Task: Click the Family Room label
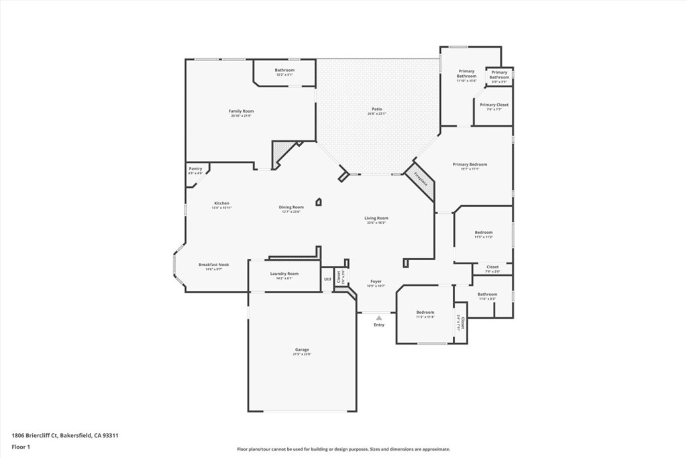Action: [x=241, y=111]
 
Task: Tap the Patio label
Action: [x=377, y=109]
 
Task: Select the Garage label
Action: [x=302, y=349]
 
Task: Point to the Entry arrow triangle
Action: [x=379, y=318]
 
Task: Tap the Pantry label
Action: [x=195, y=169]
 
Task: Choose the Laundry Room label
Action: [x=284, y=274]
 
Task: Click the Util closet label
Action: [x=327, y=279]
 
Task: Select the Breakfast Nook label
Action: [x=213, y=265]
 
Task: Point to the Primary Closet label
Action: [x=494, y=105]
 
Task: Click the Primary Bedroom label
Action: [x=470, y=164]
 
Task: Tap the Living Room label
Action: [x=376, y=218]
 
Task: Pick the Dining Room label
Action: [x=291, y=207]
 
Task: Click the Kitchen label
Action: [x=221, y=203]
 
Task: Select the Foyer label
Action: [x=376, y=282]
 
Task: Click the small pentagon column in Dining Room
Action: [x=319, y=201]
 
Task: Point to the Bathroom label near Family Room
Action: [x=284, y=70]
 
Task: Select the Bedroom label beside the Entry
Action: [x=425, y=312]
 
